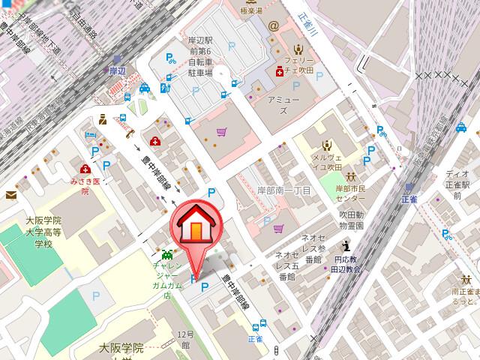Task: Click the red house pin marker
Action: (197, 225)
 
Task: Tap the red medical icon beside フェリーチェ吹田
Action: (280, 72)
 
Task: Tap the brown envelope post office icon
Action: (11, 195)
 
